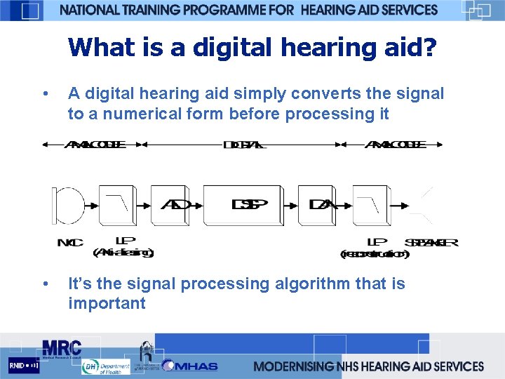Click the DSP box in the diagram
(242, 206)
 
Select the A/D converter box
(170, 206)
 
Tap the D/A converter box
(317, 206)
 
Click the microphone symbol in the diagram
(67, 205)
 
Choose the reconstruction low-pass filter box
(370, 206)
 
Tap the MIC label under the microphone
(70, 243)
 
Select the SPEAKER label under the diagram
(431, 243)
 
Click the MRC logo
(62, 348)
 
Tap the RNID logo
(23, 366)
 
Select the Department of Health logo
(105, 366)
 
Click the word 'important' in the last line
(107, 303)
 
